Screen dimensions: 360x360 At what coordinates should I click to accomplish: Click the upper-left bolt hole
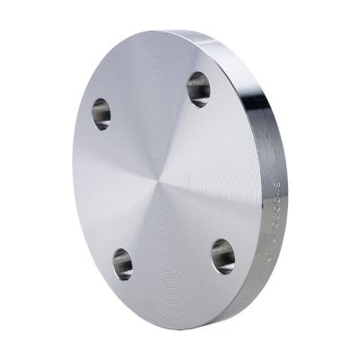[x=102, y=113]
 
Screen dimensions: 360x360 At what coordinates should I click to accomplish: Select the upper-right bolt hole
[x=199, y=88]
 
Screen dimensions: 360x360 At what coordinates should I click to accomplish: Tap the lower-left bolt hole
[x=122, y=264]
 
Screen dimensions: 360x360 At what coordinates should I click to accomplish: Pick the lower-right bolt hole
[x=223, y=256]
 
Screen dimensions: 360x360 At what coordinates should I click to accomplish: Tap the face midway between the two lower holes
[x=173, y=260]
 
